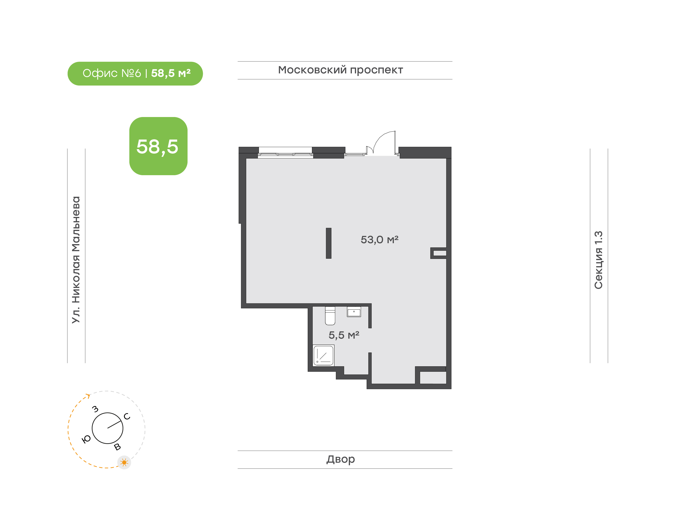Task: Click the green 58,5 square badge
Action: click(158, 146)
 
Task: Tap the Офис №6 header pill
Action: click(135, 74)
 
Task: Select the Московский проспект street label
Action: click(340, 70)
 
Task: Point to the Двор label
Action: click(341, 459)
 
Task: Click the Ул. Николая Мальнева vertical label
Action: click(76, 260)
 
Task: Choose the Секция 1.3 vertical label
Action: click(598, 260)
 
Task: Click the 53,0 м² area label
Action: click(380, 239)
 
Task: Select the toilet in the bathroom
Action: click(330, 316)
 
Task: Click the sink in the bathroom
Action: click(354, 311)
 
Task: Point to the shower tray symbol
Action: click(323, 355)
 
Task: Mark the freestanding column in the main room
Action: click(329, 243)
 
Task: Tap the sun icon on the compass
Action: click(124, 463)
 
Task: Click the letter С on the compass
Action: click(127, 416)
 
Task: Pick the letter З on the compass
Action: click(95, 409)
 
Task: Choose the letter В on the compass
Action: click(117, 447)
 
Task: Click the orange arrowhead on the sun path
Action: click(88, 396)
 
